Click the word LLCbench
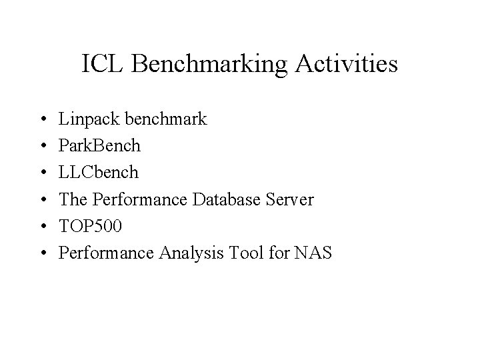pyautogui.click(x=99, y=172)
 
